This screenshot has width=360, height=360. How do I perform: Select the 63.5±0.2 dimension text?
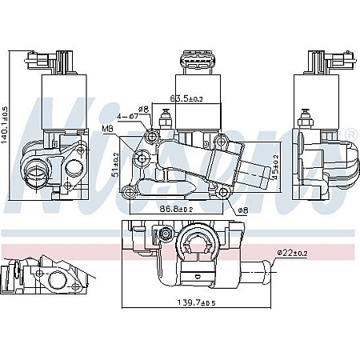[x=186, y=100]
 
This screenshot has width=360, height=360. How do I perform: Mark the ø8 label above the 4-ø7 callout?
[x=143, y=109]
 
